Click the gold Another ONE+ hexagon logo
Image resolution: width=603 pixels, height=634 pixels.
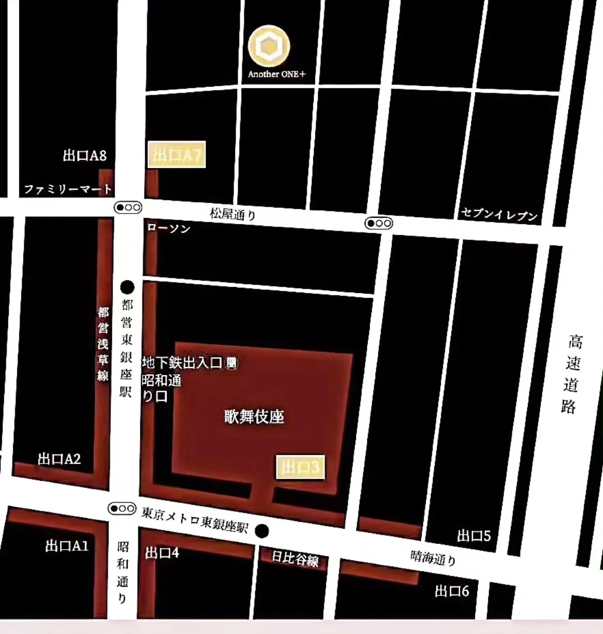(x=269, y=46)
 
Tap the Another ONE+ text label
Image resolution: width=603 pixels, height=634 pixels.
(x=277, y=74)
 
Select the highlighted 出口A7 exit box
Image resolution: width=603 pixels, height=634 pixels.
(x=177, y=155)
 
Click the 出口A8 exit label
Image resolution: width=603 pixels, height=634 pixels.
(x=85, y=156)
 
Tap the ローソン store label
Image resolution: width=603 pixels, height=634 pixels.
(x=169, y=228)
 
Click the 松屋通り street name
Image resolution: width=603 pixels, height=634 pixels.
(x=233, y=214)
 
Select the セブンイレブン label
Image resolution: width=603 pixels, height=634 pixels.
(x=499, y=214)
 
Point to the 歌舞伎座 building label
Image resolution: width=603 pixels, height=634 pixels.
(x=254, y=417)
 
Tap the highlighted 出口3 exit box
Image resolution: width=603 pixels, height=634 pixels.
(x=300, y=467)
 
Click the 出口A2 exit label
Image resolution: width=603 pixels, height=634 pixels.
(x=59, y=459)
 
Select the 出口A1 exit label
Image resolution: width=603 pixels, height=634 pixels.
(x=67, y=546)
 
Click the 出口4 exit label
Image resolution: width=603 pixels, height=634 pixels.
(x=162, y=553)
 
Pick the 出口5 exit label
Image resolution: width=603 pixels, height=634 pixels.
(x=474, y=536)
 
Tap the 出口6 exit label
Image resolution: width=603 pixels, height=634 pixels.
(x=452, y=591)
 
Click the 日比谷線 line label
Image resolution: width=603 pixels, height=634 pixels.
(x=295, y=559)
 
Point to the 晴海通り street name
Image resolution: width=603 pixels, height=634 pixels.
(x=433, y=557)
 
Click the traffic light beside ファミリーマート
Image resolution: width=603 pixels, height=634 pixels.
(x=128, y=207)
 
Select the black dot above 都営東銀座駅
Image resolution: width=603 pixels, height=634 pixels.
(x=127, y=287)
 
